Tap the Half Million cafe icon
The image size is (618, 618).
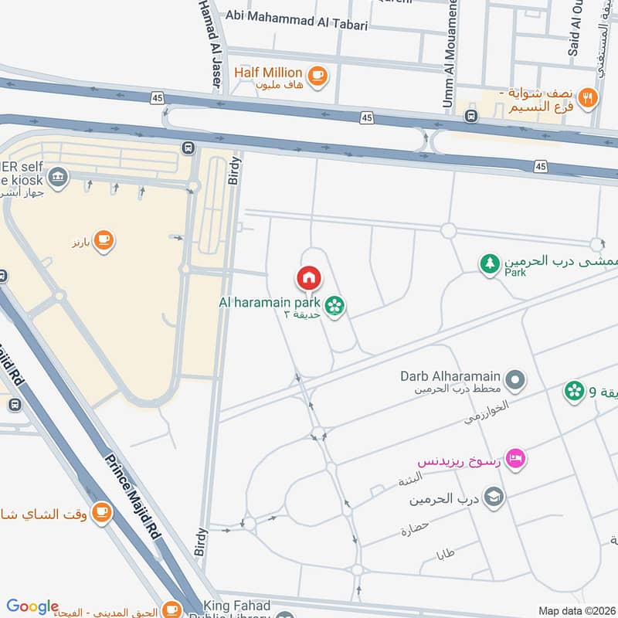(x=317, y=75)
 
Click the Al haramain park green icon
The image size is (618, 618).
(x=334, y=307)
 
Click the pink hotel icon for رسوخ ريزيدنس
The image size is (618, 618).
(x=518, y=458)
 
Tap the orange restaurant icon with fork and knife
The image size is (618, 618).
(x=589, y=97)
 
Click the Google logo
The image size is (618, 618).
(x=32, y=606)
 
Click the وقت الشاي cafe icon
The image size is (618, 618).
(x=101, y=512)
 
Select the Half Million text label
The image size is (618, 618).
(x=269, y=72)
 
